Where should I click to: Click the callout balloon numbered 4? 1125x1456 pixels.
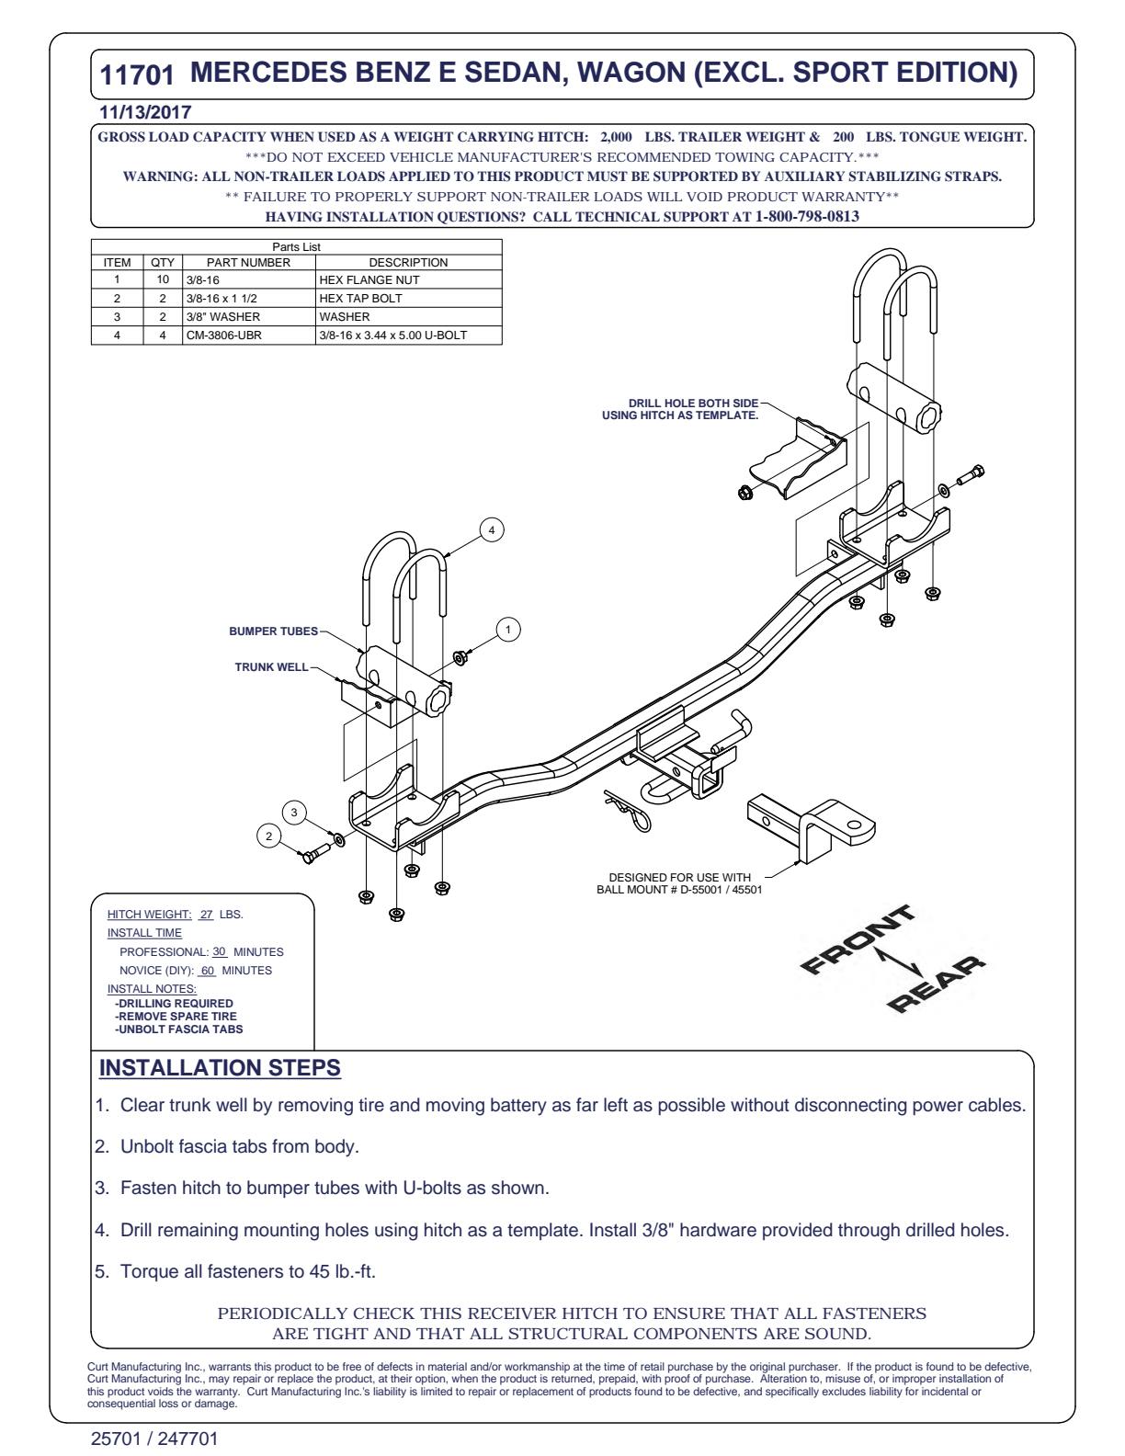coord(491,530)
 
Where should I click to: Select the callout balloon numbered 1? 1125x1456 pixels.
coord(508,629)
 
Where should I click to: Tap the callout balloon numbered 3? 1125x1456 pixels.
coord(293,813)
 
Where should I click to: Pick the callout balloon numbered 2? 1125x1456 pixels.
coord(268,836)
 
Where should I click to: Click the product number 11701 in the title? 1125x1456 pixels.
coord(137,75)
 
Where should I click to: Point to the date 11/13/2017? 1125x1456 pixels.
coord(145,112)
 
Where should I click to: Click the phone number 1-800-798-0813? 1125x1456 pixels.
coord(807,216)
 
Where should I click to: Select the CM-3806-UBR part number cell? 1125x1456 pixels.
coord(248,335)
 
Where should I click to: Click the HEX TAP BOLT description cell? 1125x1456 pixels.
coord(408,298)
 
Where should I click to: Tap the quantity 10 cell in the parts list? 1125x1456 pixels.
coord(163,279)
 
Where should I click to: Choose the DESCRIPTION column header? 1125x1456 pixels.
coord(408,263)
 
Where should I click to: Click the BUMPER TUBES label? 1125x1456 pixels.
coord(273,631)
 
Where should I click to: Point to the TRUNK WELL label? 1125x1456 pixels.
coord(271,666)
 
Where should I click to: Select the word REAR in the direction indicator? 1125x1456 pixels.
coord(936,984)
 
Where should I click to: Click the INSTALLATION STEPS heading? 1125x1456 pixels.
coord(220,1067)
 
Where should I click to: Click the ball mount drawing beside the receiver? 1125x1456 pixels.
coord(812,829)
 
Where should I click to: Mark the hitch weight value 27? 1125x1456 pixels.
coord(207,914)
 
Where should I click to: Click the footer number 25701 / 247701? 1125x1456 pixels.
coord(154,1439)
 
